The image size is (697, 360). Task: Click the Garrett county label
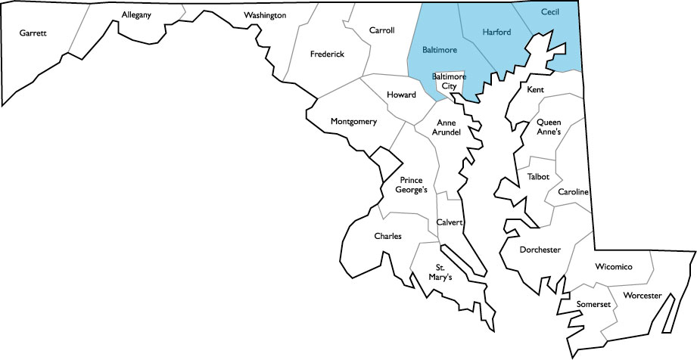tap(34, 33)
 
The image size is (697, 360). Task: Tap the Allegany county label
tap(136, 14)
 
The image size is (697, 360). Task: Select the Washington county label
tap(265, 15)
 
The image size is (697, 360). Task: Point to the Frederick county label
tap(327, 54)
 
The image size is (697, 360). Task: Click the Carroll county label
tap(381, 30)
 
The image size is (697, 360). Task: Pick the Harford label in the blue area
tap(497, 33)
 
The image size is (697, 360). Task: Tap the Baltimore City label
tap(449, 82)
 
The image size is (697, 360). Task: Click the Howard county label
tap(401, 95)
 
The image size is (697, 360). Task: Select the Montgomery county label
tap(353, 121)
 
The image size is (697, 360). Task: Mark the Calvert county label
tap(450, 222)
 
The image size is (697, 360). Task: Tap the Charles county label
tap(387, 236)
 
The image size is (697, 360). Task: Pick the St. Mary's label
tap(440, 272)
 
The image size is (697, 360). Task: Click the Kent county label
tap(535, 89)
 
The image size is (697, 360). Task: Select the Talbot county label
tap(538, 176)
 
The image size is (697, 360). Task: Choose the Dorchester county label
tap(540, 249)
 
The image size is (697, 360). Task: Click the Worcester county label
tap(642, 294)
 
